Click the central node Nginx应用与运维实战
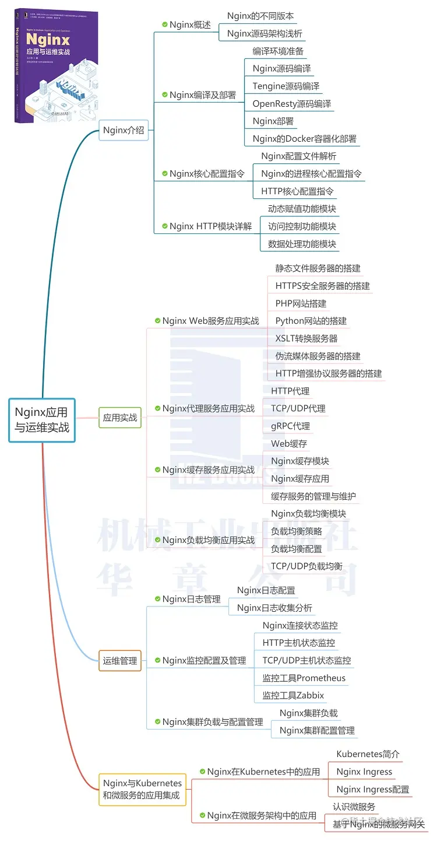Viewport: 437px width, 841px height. [42, 420]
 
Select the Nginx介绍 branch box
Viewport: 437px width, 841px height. [124, 130]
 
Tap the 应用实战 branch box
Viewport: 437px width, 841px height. [120, 418]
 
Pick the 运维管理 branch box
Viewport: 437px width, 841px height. [120, 661]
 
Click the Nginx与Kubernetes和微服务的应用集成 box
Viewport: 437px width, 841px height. [142, 789]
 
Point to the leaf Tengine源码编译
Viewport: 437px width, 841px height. [286, 86]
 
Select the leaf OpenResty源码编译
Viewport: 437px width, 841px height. [292, 104]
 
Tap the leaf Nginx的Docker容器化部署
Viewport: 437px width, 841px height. [305, 139]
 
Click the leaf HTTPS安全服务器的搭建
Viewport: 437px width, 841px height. [323, 286]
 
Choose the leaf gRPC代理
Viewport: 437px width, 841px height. [291, 426]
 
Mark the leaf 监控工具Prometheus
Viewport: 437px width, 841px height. [304, 678]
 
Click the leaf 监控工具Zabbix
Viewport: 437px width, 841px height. [293, 695]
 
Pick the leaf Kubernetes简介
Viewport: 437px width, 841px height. [368, 754]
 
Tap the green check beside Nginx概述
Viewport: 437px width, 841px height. [165, 24]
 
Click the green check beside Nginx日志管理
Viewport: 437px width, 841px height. [157, 599]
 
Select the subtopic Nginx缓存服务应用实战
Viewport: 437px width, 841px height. [208, 470]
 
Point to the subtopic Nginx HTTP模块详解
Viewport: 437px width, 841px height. [210, 226]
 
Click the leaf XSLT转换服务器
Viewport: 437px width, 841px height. [306, 338]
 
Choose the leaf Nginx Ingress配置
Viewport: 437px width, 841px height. [373, 789]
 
